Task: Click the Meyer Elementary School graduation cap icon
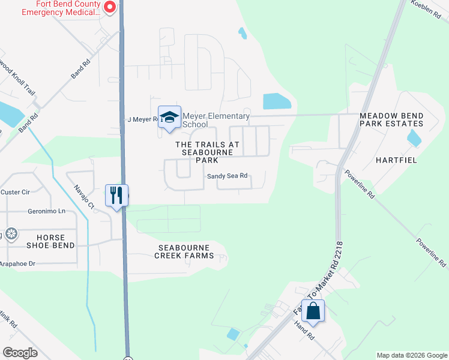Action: point(169,117)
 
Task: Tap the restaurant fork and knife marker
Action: point(116,195)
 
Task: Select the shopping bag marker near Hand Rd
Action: point(313,311)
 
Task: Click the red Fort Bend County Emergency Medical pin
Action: point(109,7)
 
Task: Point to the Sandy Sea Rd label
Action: point(227,176)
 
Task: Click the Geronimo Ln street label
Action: point(46,211)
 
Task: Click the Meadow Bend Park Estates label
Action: point(391,119)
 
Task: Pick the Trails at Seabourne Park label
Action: point(207,152)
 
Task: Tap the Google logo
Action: point(20,353)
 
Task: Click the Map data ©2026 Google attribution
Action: point(412,355)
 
